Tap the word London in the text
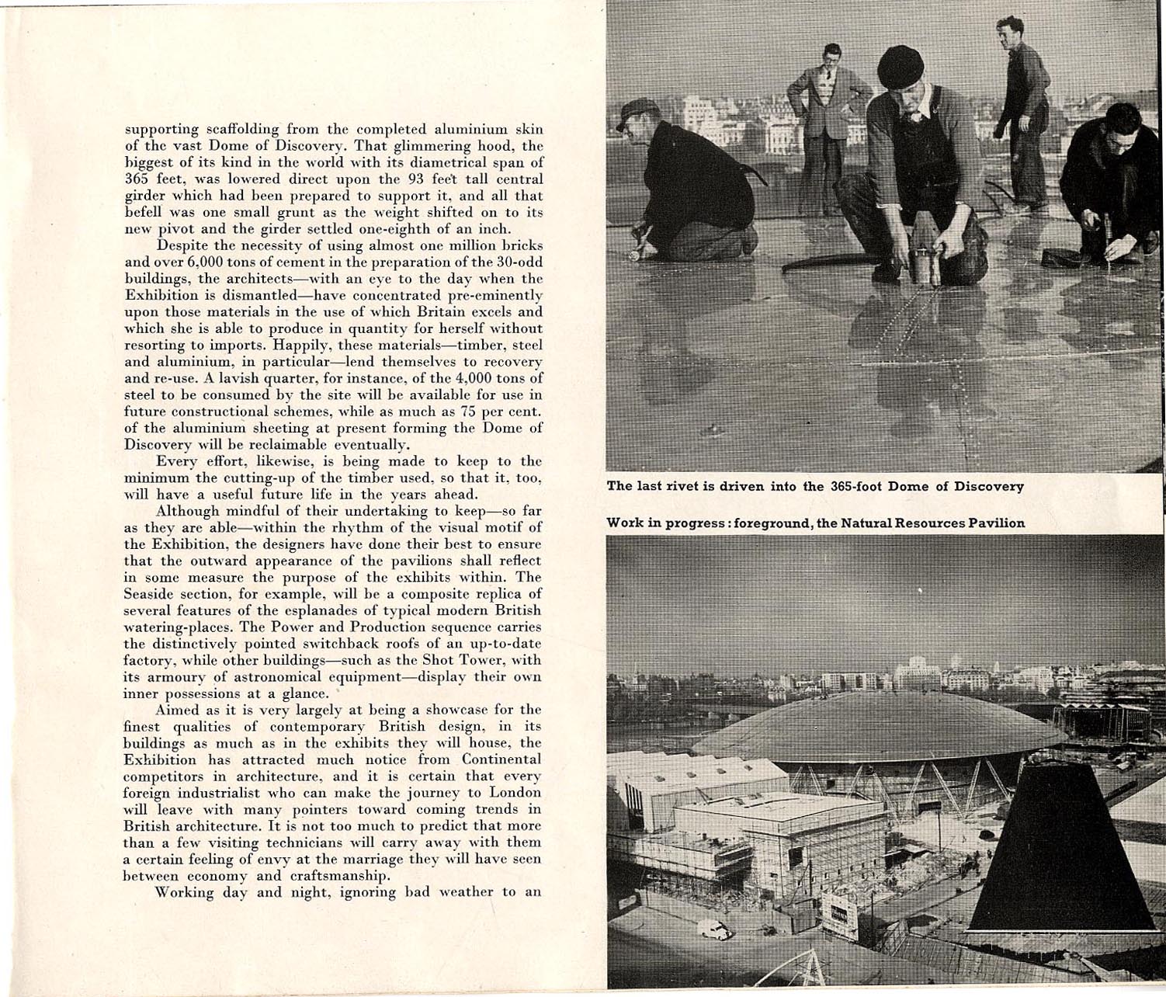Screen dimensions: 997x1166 click(x=516, y=792)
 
